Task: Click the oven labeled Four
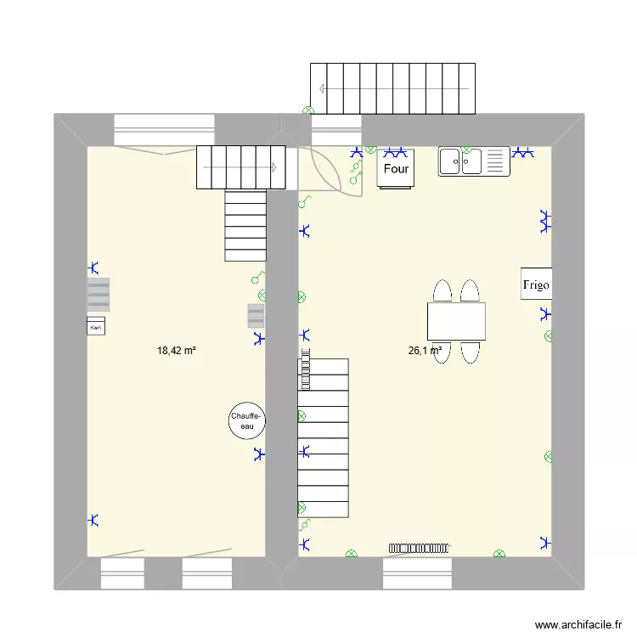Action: tap(396, 168)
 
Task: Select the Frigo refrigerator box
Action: tap(536, 285)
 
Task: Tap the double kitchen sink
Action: tap(473, 161)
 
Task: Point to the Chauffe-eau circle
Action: tap(247, 420)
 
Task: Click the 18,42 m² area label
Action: tap(177, 350)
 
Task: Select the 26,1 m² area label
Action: tap(425, 350)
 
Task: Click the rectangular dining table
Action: tap(456, 321)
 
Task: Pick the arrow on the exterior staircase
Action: tap(323, 88)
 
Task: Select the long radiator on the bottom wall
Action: tap(420, 549)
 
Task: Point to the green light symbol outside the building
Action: tap(308, 110)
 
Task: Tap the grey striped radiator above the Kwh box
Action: tap(99, 295)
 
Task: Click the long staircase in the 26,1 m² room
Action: tap(323, 437)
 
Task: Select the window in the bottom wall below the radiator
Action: tap(416, 573)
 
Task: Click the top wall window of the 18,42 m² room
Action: tap(164, 130)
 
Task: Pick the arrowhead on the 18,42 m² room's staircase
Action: tap(274, 167)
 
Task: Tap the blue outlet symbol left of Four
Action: tap(358, 153)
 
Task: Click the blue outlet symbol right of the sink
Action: tap(525, 154)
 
